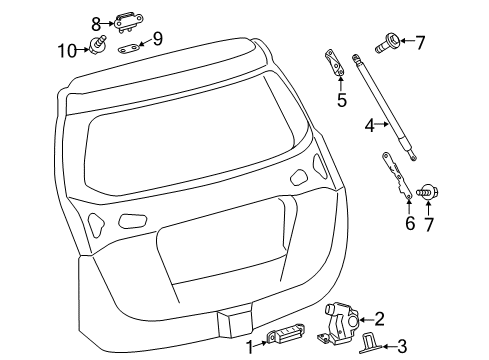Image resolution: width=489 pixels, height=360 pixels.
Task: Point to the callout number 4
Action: [370, 126]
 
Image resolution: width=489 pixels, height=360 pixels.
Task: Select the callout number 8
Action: [96, 21]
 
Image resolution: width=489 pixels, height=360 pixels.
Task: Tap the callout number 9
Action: [157, 41]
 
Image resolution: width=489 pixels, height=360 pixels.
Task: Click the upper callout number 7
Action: [420, 42]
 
